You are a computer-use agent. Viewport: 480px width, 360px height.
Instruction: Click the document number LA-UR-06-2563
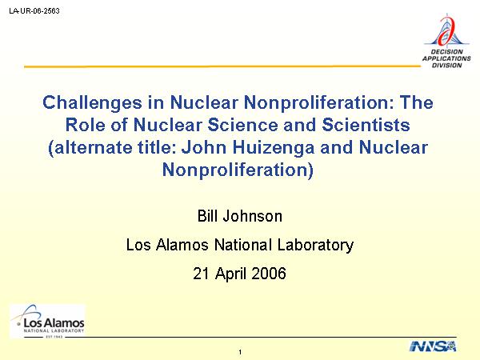pos(34,11)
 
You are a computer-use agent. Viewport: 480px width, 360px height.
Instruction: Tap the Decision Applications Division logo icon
pos(447,31)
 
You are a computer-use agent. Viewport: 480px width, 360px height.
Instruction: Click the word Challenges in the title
pos(93,103)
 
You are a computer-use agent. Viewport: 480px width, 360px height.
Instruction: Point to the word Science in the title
pos(243,125)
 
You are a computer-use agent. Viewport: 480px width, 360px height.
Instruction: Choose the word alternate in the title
pos(91,147)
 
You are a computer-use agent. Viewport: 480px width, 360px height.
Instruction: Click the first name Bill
pos(207,216)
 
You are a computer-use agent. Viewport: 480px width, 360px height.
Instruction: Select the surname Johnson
pos(252,216)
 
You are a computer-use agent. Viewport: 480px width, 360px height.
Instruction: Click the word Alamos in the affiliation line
pos(182,245)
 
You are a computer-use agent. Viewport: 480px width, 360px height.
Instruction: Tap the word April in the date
pos(231,274)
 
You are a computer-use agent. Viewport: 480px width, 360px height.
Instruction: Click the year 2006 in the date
pos(269,274)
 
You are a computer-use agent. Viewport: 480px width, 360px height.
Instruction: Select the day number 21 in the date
pos(202,274)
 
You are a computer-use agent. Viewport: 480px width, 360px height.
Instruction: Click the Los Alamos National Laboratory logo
pos(47,321)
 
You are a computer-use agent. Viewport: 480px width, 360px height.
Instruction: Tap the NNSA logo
pos(433,346)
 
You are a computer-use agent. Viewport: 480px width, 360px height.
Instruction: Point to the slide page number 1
pos(240,352)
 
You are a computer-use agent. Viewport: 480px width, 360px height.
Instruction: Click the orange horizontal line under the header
pos(222,66)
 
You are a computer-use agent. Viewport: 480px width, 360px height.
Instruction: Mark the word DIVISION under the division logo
pos(446,66)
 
